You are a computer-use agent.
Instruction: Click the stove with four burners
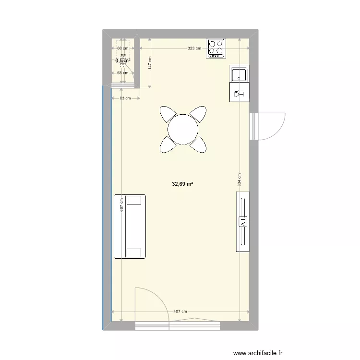pyautogui.click(x=216, y=48)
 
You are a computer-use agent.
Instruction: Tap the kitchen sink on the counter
pyautogui.click(x=239, y=75)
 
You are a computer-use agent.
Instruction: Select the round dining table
pyautogui.click(x=183, y=129)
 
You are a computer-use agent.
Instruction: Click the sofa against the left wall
pyautogui.click(x=129, y=226)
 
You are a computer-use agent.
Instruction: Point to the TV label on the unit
pyautogui.click(x=243, y=221)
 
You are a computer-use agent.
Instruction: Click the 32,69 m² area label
pyautogui.click(x=182, y=183)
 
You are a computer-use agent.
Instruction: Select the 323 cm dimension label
pyautogui.click(x=194, y=48)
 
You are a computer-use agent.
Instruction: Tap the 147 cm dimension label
pyautogui.click(x=150, y=64)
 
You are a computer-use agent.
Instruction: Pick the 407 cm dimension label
pyautogui.click(x=180, y=312)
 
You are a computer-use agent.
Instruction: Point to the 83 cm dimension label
pyautogui.click(x=125, y=98)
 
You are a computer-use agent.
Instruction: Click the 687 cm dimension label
pyautogui.click(x=122, y=205)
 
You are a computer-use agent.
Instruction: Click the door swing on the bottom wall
pyautogui.click(x=152, y=304)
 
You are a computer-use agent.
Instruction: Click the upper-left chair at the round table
pyautogui.click(x=168, y=115)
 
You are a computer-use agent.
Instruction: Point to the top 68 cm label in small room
pyautogui.click(x=122, y=48)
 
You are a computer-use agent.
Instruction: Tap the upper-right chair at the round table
pyautogui.click(x=198, y=115)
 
